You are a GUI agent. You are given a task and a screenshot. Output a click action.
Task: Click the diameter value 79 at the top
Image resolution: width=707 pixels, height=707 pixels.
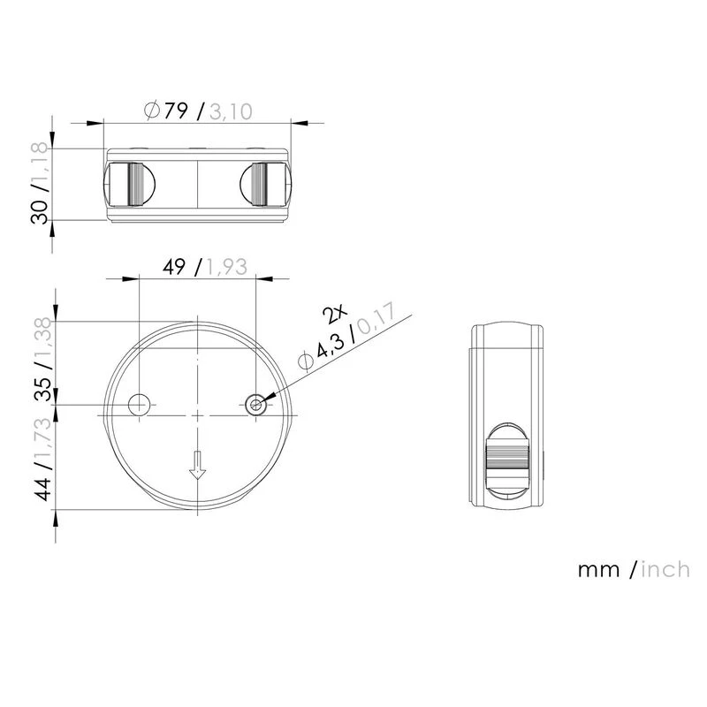tap(175, 110)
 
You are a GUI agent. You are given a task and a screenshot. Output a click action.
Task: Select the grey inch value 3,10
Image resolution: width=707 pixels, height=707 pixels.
tap(231, 111)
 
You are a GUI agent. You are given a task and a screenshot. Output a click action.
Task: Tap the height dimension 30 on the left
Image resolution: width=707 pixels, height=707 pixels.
tap(40, 212)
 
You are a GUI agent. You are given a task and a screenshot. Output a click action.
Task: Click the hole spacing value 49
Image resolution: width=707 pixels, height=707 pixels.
tap(174, 267)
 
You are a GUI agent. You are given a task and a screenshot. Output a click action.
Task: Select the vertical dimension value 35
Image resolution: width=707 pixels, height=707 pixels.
tap(43, 390)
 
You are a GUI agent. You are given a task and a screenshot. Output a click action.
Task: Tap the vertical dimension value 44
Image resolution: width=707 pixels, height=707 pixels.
tap(43, 489)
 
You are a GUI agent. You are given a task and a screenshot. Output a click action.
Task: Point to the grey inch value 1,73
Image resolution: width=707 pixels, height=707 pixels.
tap(43, 437)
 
